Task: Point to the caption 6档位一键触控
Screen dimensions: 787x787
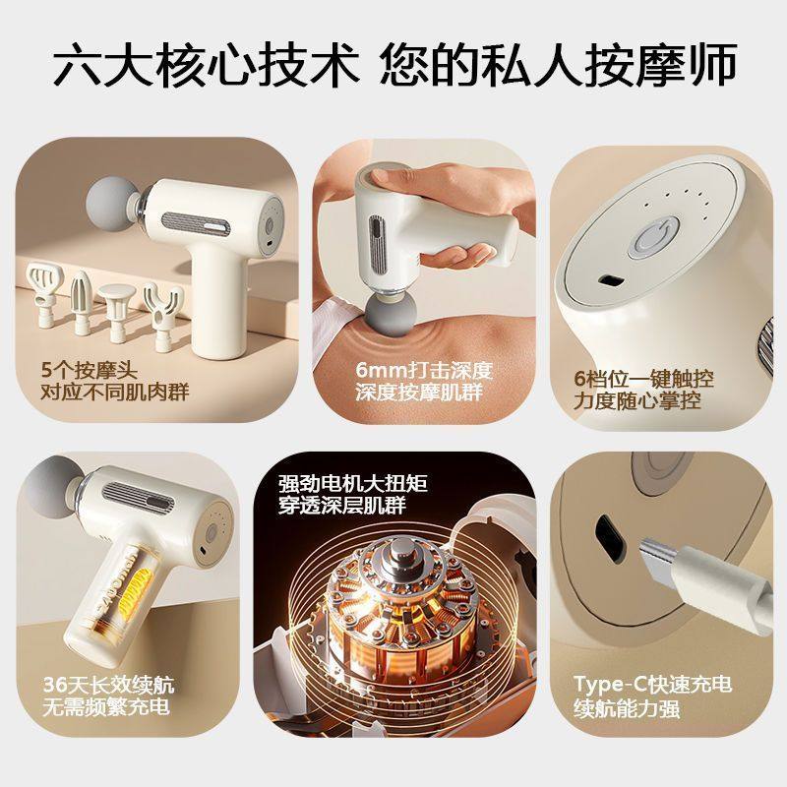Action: [644, 379]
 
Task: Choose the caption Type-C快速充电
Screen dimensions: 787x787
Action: [654, 684]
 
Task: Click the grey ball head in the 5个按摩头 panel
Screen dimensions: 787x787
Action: [109, 198]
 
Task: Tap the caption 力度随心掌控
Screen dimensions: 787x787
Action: [644, 401]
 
